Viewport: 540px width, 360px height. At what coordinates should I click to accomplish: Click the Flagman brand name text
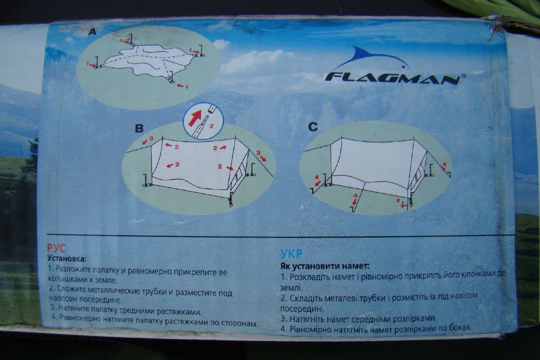pyautogui.click(x=393, y=78)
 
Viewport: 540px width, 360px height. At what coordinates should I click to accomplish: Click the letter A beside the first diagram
pyautogui.click(x=92, y=32)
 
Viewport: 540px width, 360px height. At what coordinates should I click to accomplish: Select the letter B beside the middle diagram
pyautogui.click(x=139, y=128)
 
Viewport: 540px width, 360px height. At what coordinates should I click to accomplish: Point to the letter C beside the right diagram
pyautogui.click(x=313, y=127)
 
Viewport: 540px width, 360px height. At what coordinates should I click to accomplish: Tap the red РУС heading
pyautogui.click(x=56, y=248)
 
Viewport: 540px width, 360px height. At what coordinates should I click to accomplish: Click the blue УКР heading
pyautogui.click(x=292, y=254)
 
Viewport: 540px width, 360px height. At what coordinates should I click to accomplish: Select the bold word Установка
pyautogui.click(x=66, y=258)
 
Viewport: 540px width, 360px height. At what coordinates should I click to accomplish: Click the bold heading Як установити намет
pyautogui.click(x=325, y=266)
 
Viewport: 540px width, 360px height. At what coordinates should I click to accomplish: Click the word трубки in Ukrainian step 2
pyautogui.click(x=373, y=298)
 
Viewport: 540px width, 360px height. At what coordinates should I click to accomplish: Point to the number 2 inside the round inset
pyautogui.click(x=212, y=126)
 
